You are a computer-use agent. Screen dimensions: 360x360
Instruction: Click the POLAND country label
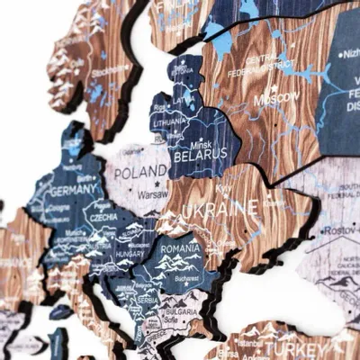[x=139, y=172]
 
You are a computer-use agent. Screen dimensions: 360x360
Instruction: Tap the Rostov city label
[x=340, y=232]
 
